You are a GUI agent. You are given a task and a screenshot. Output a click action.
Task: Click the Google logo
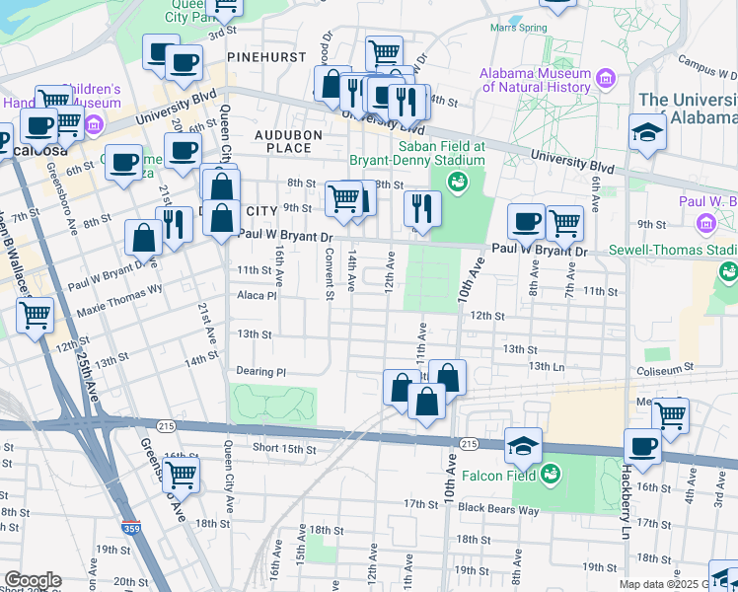pyautogui.click(x=32, y=580)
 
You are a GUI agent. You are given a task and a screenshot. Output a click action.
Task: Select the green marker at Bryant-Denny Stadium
pyautogui.click(x=458, y=180)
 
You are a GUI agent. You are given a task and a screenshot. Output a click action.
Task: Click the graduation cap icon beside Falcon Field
pyautogui.click(x=523, y=445)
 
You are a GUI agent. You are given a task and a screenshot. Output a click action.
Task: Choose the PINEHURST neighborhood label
pyautogui.click(x=266, y=57)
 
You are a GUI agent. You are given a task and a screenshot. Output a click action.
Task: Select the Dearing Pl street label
pyautogui.click(x=260, y=372)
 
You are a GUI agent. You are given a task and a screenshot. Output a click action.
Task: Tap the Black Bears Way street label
pyautogui.click(x=498, y=508)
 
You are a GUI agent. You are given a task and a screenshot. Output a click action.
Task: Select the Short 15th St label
pyautogui.click(x=283, y=449)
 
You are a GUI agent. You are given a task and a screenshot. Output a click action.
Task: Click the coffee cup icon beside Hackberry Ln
pyautogui.click(x=642, y=445)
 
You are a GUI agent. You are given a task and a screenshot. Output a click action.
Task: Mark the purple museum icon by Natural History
pyautogui.click(x=606, y=77)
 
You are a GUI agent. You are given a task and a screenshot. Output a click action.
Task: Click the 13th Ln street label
pyautogui.click(x=545, y=366)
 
